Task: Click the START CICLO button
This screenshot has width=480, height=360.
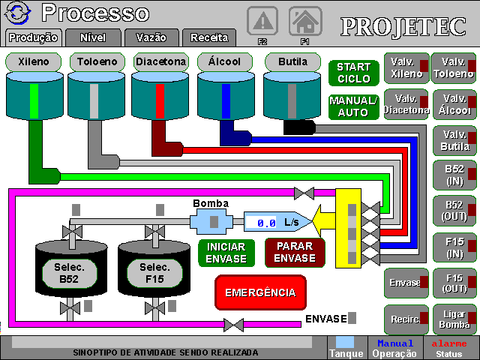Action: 353,73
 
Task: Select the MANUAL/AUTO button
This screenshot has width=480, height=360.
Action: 353,106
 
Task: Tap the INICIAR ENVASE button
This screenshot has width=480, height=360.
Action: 226,253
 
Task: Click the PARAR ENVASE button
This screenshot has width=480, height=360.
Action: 295,253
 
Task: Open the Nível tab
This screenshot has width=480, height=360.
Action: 92,37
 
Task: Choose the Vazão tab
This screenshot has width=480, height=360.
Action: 151,37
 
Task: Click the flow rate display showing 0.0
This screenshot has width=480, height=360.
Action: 266,223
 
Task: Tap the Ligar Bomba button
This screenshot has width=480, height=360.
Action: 453,319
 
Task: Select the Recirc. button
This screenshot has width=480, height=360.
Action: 406,319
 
